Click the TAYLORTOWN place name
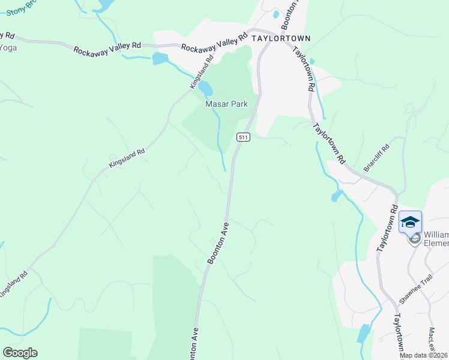click(281, 38)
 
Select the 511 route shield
click(243, 137)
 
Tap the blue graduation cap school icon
click(410, 223)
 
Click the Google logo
click(20, 353)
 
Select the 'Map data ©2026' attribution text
click(424, 355)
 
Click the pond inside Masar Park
click(206, 89)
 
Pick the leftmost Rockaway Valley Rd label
click(107, 47)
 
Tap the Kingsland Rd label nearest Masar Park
click(202, 72)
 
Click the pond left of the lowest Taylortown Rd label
click(364, 333)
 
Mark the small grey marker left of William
click(414, 239)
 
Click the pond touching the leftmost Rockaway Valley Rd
click(160, 58)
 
